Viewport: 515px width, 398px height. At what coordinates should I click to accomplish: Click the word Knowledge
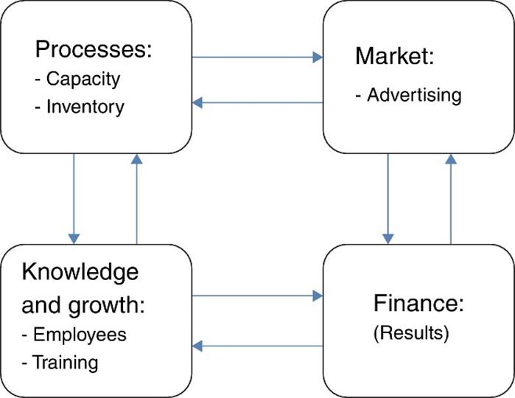coord(80,272)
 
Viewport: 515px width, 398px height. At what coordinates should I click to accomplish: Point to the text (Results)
coord(411,332)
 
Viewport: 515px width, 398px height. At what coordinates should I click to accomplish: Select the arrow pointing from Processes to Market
coord(258,57)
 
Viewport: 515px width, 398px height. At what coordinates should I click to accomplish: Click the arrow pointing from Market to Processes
coord(258,102)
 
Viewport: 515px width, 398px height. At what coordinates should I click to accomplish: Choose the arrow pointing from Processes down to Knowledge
coord(74,198)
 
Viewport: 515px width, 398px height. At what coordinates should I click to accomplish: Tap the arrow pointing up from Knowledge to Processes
coord(136,198)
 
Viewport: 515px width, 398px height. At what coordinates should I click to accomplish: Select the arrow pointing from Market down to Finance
coord(388,198)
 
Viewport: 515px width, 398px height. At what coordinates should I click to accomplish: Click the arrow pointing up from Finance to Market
coord(450,198)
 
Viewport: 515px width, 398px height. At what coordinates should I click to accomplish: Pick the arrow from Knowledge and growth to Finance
coord(258,296)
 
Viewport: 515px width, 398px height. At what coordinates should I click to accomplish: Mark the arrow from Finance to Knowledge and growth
coord(258,345)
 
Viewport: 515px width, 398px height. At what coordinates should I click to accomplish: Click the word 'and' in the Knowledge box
coord(39,304)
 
